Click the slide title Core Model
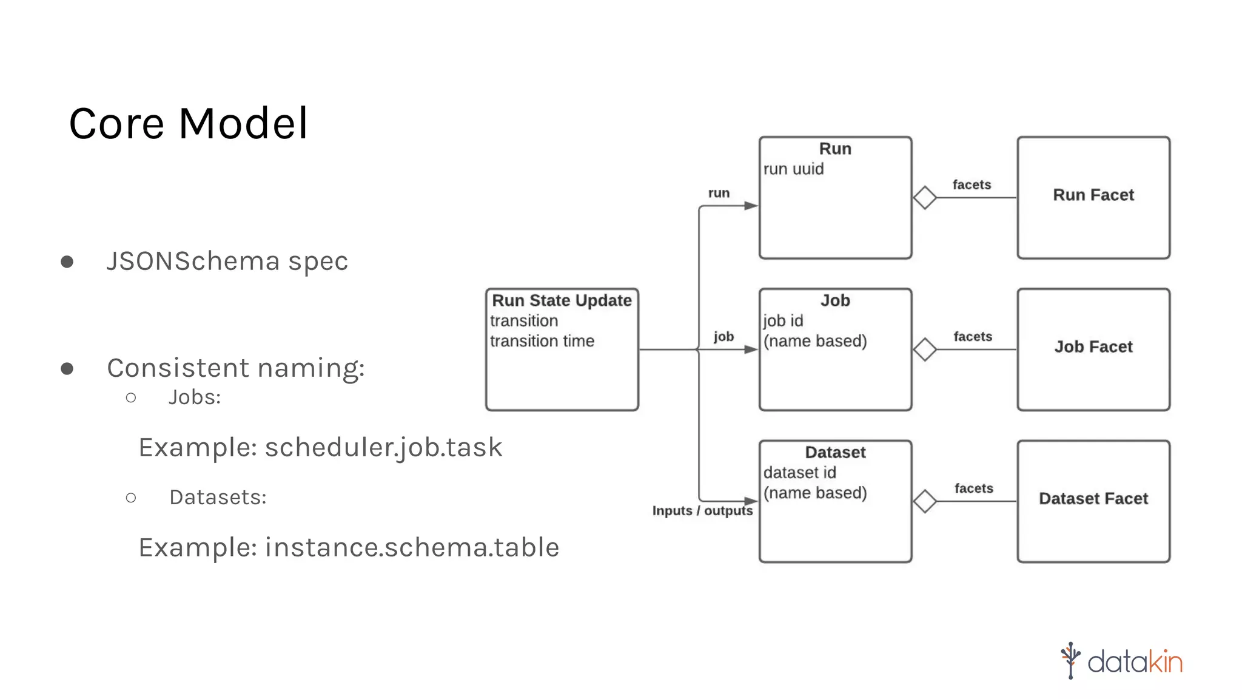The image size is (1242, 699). tap(189, 124)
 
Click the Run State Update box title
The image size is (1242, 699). tap(562, 301)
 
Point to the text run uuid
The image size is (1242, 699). tap(793, 169)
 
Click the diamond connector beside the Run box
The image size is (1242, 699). tap(925, 198)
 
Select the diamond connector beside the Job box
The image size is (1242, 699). tap(925, 349)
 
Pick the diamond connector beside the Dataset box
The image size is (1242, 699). tap(925, 501)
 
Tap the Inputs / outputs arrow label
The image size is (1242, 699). tap(702, 511)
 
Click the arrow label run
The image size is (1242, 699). tap(719, 193)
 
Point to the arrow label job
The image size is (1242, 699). tap(723, 337)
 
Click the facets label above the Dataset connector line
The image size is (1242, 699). tap(973, 488)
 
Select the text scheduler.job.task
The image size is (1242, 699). tap(383, 448)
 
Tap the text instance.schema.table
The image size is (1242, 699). tap(412, 547)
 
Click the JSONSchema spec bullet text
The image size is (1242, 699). tap(227, 262)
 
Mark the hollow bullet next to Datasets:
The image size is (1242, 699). tap(131, 498)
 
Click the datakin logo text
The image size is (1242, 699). tap(1134, 661)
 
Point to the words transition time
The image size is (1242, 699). tap(542, 342)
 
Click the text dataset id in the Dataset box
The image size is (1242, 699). tap(799, 473)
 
